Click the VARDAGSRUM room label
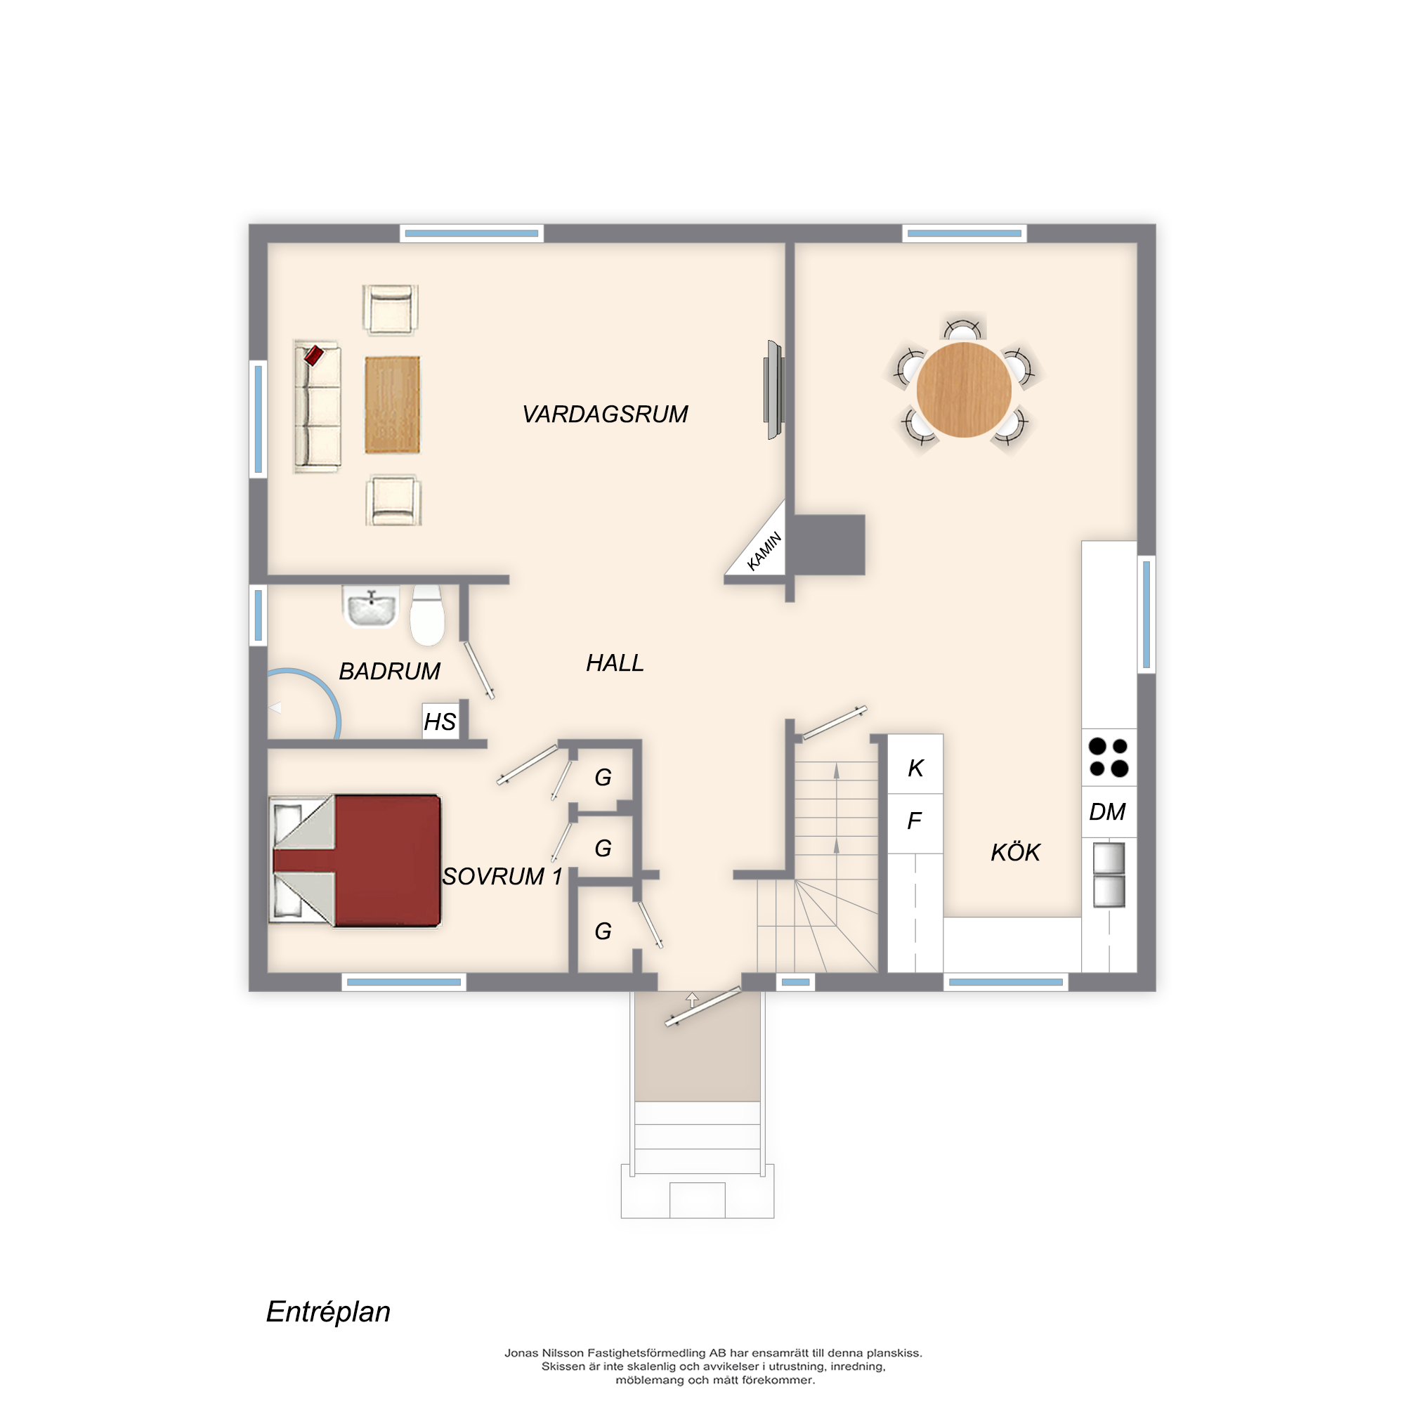605,414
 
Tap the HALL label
615,663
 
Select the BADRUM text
390,671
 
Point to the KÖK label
1015,851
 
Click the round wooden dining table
964,390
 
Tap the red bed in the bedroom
355,861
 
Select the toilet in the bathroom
428,615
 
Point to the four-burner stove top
1109,757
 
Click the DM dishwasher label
1107,811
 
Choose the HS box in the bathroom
440,721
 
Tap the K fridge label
915,768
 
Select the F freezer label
915,821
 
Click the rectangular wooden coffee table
393,405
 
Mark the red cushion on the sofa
313,355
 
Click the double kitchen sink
1109,874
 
